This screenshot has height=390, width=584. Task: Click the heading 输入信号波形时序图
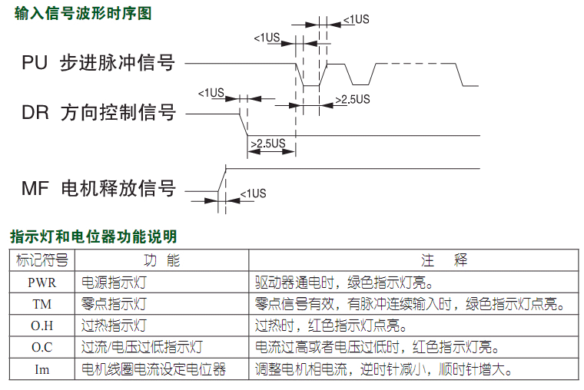tap(83, 13)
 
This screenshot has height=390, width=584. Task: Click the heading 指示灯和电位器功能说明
tap(94, 236)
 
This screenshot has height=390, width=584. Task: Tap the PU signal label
tap(98, 62)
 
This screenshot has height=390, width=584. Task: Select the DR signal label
tap(98, 112)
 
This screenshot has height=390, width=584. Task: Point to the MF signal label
tap(98, 188)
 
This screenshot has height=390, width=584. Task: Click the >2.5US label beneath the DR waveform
tap(268, 144)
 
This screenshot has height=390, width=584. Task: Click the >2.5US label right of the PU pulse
tap(353, 99)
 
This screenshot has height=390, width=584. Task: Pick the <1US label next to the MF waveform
tap(254, 193)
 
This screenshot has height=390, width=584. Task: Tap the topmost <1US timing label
tap(356, 19)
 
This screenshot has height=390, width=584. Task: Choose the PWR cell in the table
tap(42, 283)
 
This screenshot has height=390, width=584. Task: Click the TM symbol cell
tap(42, 304)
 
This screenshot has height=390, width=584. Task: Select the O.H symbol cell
tap(42, 326)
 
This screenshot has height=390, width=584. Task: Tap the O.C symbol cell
tap(42, 347)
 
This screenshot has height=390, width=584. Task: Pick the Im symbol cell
tap(42, 369)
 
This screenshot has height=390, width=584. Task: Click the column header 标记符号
tap(42, 260)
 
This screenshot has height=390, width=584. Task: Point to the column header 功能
tap(162, 260)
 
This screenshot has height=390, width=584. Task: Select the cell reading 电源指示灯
tap(114, 283)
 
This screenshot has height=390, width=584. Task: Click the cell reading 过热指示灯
tap(114, 326)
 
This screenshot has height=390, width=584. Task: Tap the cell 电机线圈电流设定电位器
tap(154, 369)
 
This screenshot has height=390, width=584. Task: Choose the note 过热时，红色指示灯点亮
tap(330, 326)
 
